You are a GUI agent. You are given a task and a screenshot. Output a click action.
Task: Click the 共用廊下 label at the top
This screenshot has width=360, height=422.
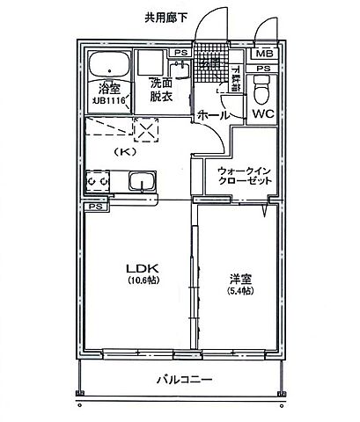166,18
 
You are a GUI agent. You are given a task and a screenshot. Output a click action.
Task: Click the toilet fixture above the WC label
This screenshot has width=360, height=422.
263,88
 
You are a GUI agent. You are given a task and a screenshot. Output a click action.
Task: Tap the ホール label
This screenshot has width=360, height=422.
214,115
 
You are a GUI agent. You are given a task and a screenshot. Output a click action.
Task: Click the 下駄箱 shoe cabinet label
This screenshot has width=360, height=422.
236,80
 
